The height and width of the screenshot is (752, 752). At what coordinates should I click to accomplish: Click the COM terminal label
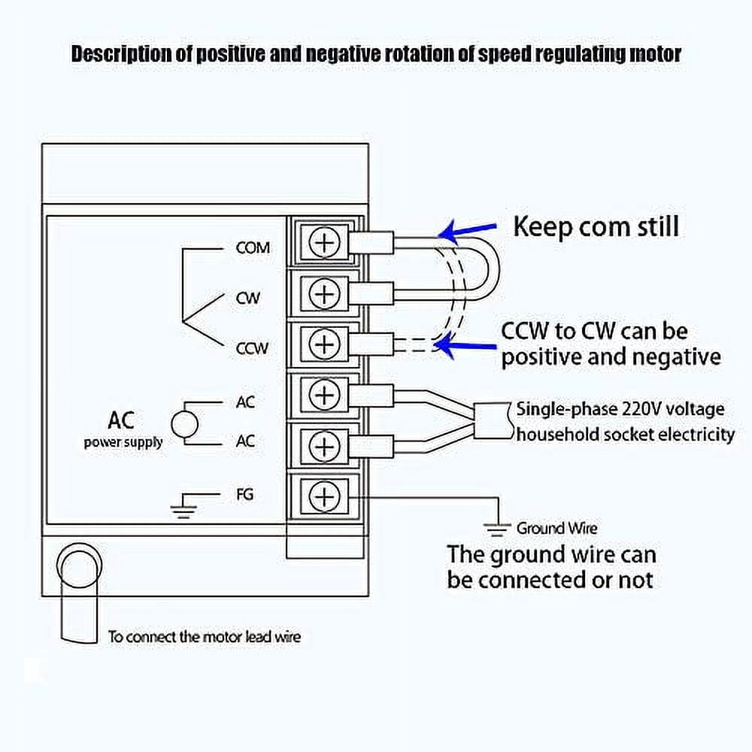tap(253, 247)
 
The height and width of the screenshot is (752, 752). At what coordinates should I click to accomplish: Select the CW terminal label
tap(247, 298)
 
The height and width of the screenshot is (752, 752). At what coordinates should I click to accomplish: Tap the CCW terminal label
tap(252, 348)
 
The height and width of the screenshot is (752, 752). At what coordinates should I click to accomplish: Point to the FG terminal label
tap(244, 494)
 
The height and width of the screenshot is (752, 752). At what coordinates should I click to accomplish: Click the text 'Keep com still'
tap(596, 226)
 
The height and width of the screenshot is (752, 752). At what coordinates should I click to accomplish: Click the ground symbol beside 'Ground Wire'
tap(496, 529)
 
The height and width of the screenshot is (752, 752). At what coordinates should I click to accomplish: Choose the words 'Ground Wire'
tap(556, 529)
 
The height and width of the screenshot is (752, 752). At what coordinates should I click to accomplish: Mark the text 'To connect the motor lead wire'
tap(204, 637)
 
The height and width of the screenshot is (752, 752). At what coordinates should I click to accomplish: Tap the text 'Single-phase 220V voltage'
tap(620, 409)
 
